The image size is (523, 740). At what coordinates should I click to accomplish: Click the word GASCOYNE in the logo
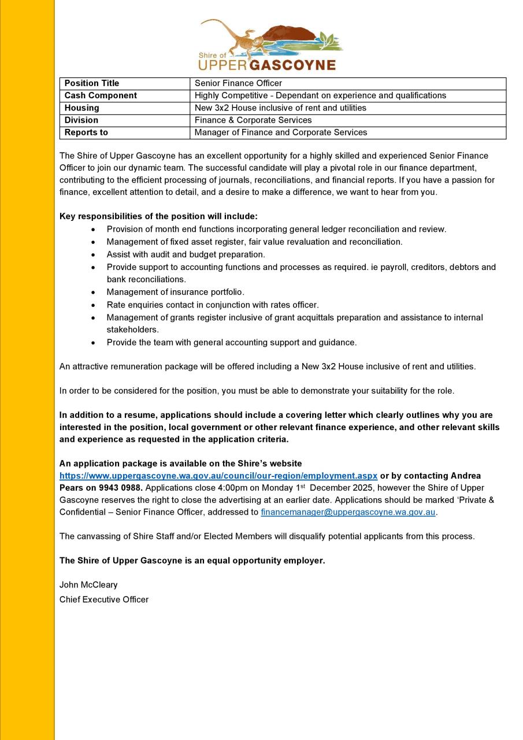(x=292, y=64)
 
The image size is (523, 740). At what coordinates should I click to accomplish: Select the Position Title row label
(x=92, y=83)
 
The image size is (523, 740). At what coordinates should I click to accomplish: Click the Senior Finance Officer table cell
(x=238, y=83)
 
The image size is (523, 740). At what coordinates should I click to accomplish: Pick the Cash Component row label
(x=101, y=95)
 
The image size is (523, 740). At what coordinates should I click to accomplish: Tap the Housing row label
(x=81, y=108)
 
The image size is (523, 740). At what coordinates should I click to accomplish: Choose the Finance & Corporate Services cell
(x=253, y=120)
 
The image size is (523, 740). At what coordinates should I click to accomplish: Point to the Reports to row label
(x=86, y=132)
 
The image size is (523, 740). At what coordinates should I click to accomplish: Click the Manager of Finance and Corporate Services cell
(x=281, y=132)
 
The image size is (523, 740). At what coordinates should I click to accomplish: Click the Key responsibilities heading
(x=158, y=216)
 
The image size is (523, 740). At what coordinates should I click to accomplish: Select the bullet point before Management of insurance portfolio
(x=94, y=293)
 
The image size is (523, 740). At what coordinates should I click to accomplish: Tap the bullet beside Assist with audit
(x=94, y=255)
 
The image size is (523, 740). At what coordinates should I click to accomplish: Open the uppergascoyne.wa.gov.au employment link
(x=218, y=476)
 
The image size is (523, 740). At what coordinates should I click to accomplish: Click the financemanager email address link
(x=348, y=512)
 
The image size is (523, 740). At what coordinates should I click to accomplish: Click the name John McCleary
(x=88, y=584)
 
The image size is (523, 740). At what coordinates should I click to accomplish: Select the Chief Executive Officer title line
(x=104, y=600)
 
